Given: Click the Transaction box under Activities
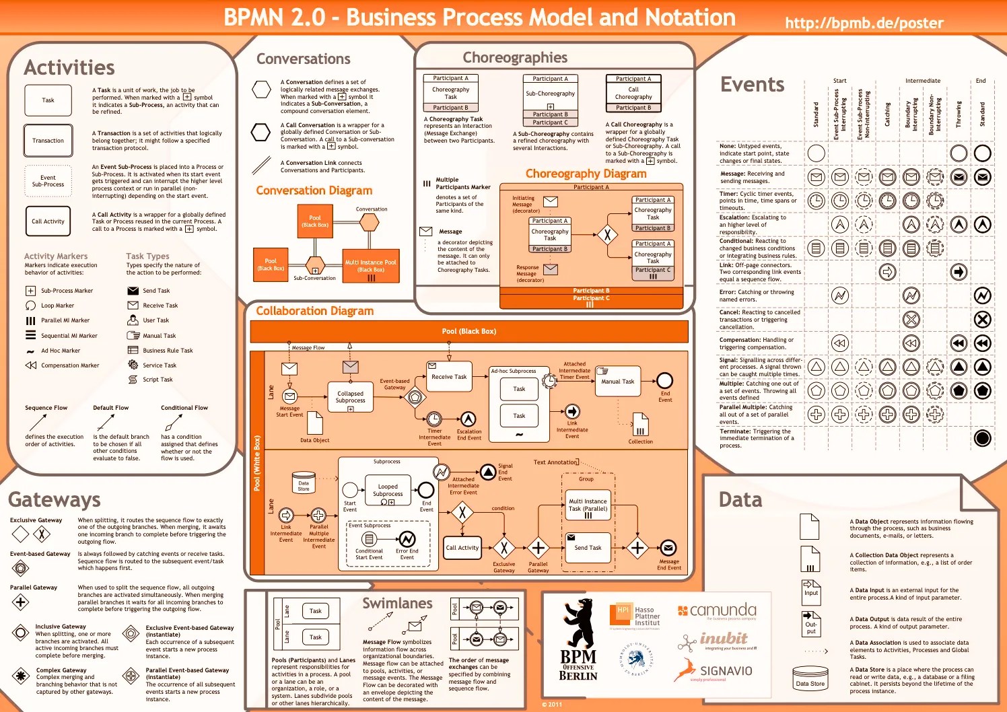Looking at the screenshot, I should click(x=48, y=141).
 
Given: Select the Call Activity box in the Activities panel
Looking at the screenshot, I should click(x=48, y=221).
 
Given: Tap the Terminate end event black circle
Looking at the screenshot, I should click(x=982, y=438).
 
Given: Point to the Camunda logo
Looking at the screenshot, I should click(x=717, y=611).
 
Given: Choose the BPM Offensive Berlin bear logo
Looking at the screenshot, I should click(x=578, y=639).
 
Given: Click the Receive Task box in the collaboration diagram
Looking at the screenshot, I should click(x=449, y=377).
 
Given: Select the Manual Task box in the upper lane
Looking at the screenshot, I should click(x=618, y=381).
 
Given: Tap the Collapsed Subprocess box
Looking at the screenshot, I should click(x=350, y=397).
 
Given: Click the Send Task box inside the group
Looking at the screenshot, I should click(x=588, y=548).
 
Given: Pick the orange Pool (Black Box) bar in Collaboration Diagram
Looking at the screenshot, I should click(x=468, y=331).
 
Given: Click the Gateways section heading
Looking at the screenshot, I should click(x=55, y=500).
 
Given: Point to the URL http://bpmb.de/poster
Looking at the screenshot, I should click(x=864, y=23).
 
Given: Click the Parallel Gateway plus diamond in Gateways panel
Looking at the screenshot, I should click(x=21, y=602).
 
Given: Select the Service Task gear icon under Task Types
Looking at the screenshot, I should click(x=133, y=365).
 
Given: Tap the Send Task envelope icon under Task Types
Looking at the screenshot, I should click(x=133, y=291).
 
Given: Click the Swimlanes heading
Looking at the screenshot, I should click(x=397, y=603).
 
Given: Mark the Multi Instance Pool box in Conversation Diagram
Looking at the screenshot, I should click(x=370, y=265).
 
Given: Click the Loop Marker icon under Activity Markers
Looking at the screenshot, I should click(x=30, y=306).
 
